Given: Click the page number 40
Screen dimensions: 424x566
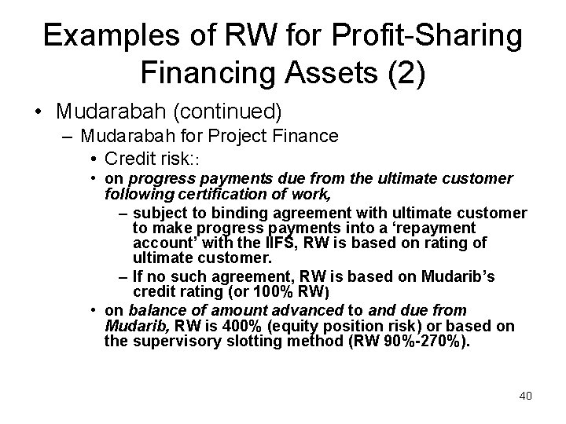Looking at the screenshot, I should (525, 395).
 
